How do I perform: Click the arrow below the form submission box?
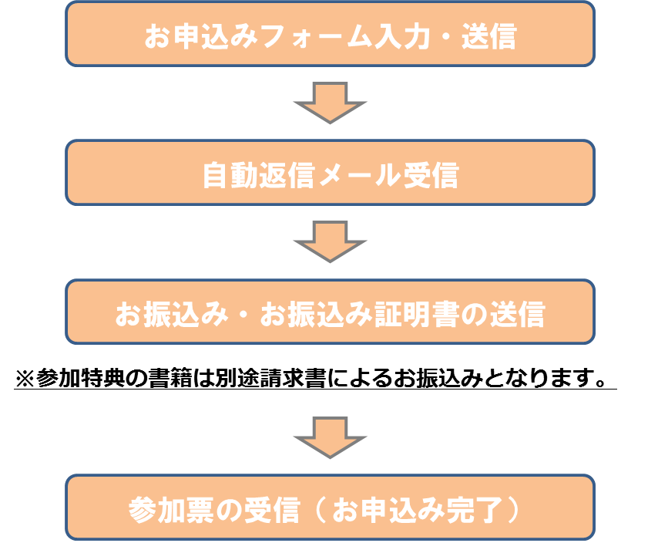coord(330,102)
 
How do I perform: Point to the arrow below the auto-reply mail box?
coord(330,241)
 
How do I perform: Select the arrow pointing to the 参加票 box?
coord(330,437)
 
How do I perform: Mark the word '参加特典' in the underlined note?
coord(74,379)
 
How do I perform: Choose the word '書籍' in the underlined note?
coord(156,379)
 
